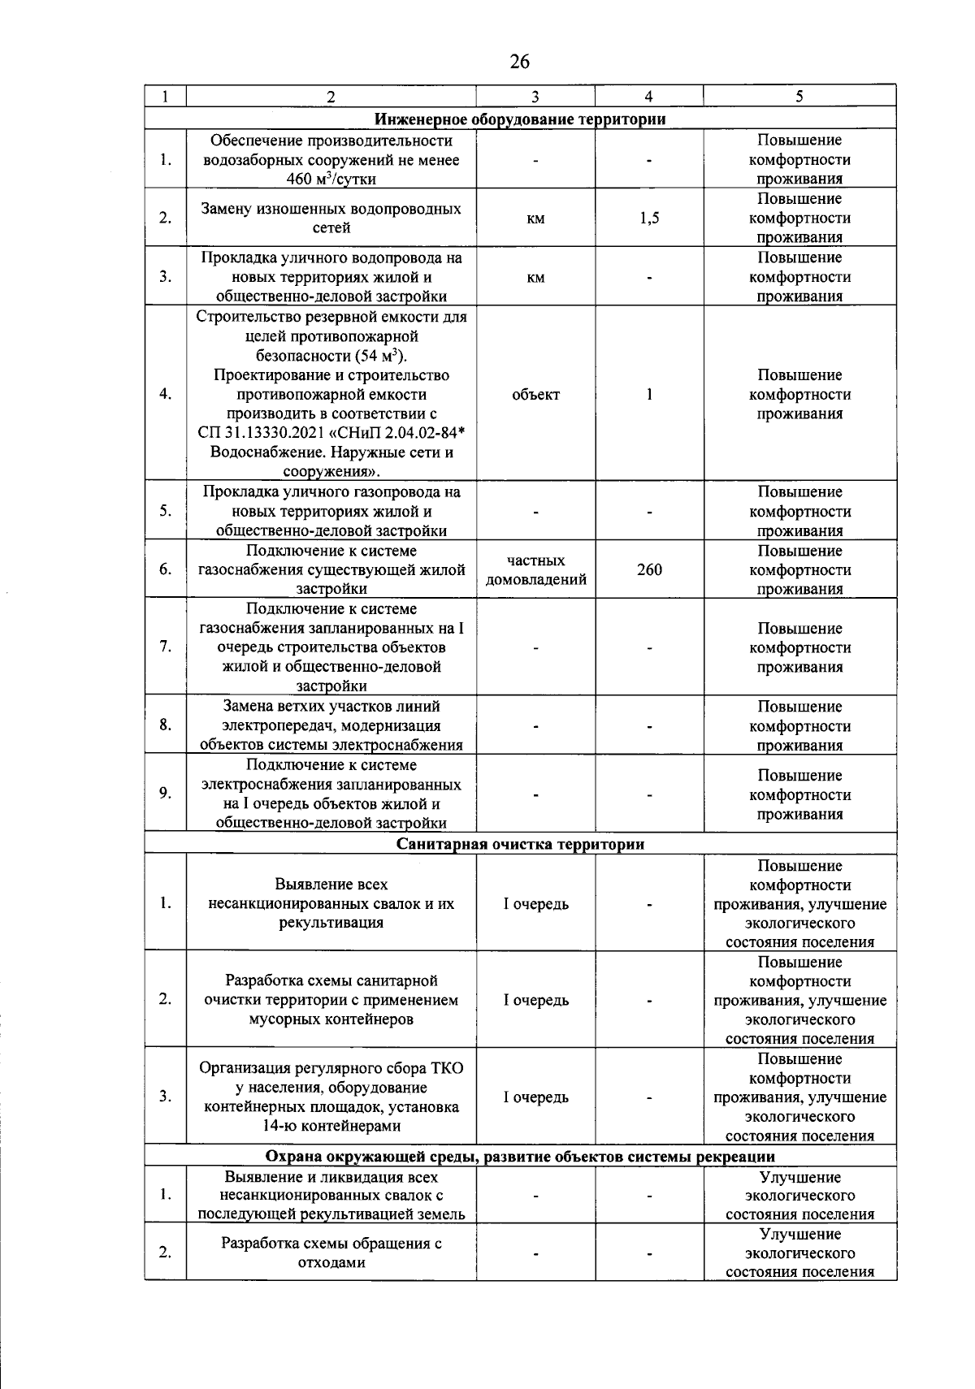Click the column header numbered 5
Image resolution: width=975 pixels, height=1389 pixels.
point(799,97)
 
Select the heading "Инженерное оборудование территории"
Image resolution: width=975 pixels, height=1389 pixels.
point(520,119)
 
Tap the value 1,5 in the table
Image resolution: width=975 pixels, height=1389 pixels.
point(649,219)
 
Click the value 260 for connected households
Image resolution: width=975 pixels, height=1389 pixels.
point(649,570)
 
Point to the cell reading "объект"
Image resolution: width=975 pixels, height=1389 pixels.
point(535,395)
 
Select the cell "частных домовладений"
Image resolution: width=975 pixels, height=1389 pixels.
point(535,570)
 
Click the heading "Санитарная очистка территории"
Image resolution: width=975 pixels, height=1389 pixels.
point(520,845)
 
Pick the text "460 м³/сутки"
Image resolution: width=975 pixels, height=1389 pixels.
point(331,180)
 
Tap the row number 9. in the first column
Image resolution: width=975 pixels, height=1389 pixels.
point(166,794)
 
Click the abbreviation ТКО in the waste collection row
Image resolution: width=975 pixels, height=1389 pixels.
point(444,1068)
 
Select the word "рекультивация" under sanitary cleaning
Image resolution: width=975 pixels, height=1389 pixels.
point(331,924)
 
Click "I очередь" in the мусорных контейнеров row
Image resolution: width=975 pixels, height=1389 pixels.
point(535,1001)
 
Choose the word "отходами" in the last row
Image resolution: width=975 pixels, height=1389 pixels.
point(331,1263)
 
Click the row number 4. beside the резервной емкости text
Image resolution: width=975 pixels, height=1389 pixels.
point(166,395)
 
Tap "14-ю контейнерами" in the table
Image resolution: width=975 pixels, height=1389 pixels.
point(331,1127)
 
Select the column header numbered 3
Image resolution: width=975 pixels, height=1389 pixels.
point(535,97)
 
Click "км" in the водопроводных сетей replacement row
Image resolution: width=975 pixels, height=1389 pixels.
point(535,219)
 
